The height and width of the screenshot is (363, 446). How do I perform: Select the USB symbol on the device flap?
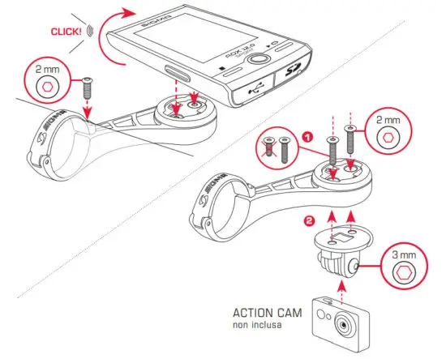[246, 91]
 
